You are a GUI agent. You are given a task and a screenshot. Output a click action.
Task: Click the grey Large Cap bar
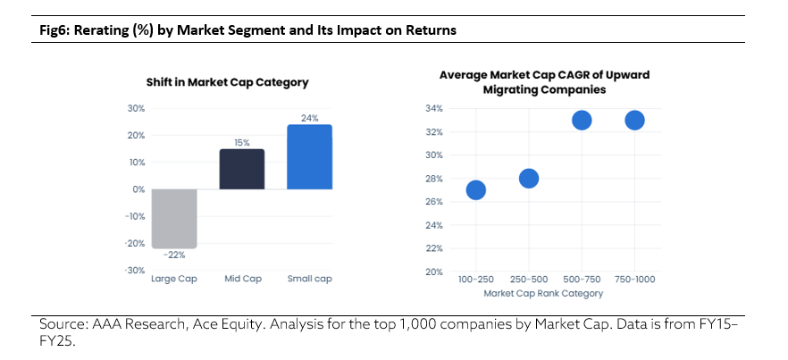[x=174, y=219]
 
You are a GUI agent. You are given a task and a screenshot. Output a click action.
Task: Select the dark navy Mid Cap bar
[x=242, y=169]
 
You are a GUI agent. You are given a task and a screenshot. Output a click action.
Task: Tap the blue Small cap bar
[x=309, y=157]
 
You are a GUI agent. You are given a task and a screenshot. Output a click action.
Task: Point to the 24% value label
[x=310, y=118]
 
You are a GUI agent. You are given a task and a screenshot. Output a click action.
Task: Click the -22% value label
[x=174, y=255]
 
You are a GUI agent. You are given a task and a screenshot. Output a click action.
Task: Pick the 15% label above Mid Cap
[x=242, y=143]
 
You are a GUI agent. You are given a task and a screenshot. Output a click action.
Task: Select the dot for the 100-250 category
[x=475, y=190]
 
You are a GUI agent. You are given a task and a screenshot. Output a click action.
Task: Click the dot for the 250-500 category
[x=529, y=179]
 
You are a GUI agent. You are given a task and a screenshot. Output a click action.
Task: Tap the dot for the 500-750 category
[x=582, y=121]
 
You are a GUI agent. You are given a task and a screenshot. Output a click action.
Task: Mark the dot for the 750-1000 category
[x=634, y=121]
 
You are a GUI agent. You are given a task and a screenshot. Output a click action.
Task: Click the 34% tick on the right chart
[x=435, y=109]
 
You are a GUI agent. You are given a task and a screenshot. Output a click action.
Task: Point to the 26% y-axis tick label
[x=435, y=202]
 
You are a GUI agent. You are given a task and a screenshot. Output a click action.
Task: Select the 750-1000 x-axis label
[x=634, y=279]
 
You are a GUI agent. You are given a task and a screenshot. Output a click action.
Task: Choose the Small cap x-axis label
[x=309, y=279]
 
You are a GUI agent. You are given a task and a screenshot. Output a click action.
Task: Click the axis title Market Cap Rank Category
[x=543, y=293]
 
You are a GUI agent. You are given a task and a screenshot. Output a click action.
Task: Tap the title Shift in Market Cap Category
[x=227, y=82]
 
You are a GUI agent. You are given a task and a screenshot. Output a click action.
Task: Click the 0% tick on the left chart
[x=138, y=189]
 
